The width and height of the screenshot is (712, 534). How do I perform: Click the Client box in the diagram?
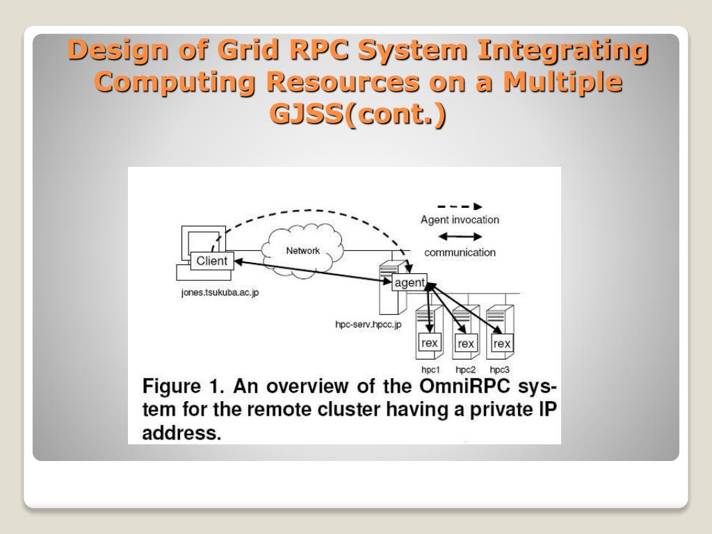coord(212,261)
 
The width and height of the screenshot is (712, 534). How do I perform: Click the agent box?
coord(410,282)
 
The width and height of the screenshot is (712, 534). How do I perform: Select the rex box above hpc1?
coord(430,343)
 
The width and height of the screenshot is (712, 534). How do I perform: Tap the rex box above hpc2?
coord(466,343)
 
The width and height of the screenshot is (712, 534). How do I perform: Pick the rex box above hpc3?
coord(501,343)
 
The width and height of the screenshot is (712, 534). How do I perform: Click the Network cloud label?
coord(302,250)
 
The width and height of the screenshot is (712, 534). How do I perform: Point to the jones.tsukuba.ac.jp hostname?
coord(220,292)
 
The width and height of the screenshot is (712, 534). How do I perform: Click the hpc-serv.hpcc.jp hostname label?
coord(368,325)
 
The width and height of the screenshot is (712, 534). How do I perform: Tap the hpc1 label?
coord(431,369)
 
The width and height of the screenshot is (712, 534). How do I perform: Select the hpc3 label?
coord(499,369)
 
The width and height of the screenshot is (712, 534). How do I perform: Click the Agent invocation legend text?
coord(460,220)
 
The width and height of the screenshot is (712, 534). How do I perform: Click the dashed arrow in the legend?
coord(459,207)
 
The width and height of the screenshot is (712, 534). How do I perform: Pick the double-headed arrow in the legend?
coord(459,237)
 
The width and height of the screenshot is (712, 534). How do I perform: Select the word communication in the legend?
coord(460,252)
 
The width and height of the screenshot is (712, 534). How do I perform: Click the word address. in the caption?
coord(181,433)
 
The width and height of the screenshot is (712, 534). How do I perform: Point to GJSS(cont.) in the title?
coord(357,113)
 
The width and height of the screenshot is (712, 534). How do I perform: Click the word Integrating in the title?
coord(562,50)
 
